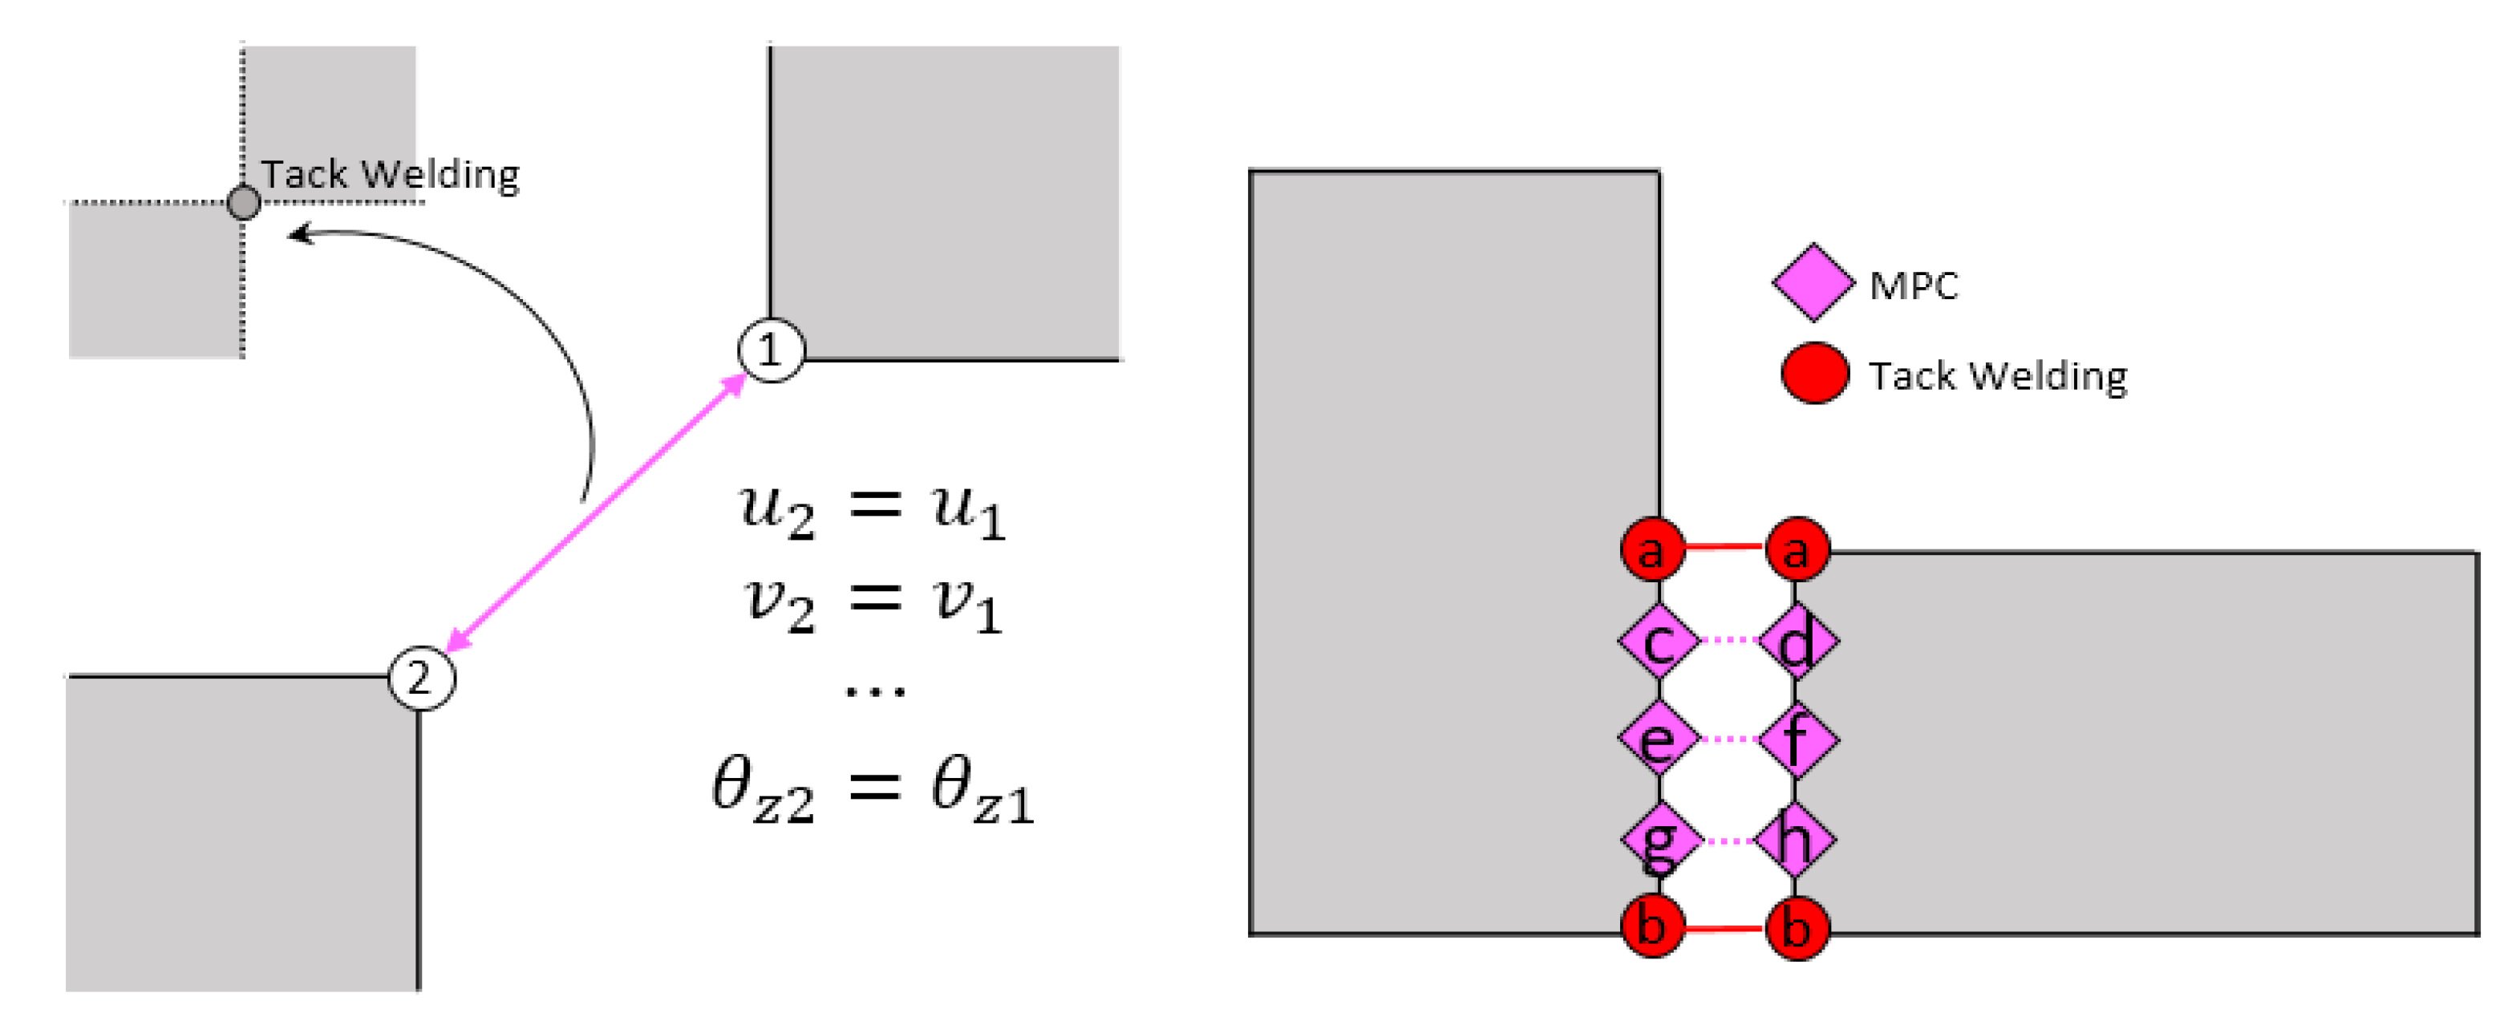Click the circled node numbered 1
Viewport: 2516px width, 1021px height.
click(x=771, y=350)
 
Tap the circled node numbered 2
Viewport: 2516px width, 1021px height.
click(x=421, y=678)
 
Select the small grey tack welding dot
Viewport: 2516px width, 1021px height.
click(x=243, y=202)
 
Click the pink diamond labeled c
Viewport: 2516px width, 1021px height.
click(x=1658, y=641)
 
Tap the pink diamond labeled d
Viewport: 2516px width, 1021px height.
click(x=1797, y=641)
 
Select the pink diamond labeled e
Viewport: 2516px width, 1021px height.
click(x=1658, y=739)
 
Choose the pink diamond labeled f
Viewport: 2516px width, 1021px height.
click(x=1797, y=739)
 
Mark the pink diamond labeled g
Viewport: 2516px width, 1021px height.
click(x=1659, y=838)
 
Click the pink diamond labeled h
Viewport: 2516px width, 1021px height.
click(x=1795, y=838)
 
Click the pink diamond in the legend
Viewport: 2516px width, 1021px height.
click(x=1813, y=282)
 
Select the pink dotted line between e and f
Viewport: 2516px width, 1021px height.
click(x=1728, y=739)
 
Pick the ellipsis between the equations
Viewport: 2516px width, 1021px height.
click(x=875, y=691)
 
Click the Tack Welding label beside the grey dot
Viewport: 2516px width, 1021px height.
click(x=390, y=175)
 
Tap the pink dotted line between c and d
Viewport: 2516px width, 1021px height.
click(x=1728, y=640)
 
